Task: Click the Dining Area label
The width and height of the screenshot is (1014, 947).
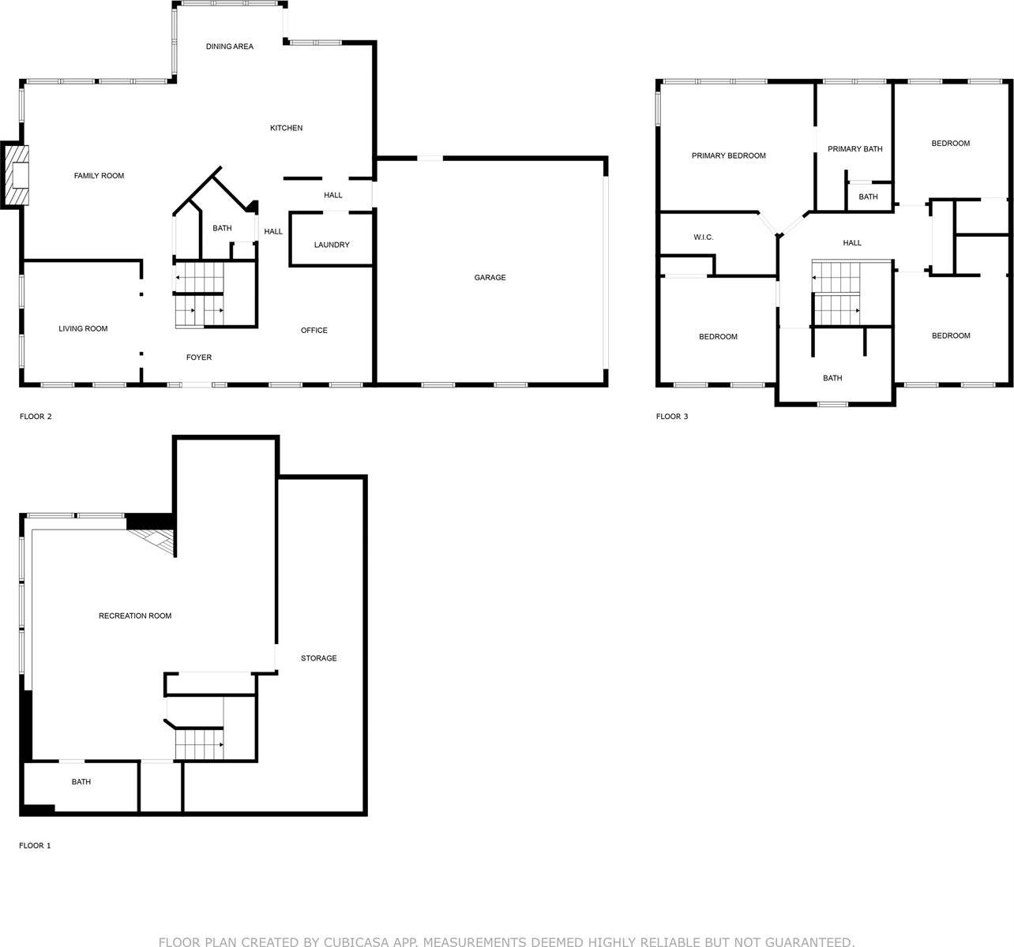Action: click(230, 47)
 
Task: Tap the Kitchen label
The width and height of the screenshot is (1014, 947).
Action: click(286, 128)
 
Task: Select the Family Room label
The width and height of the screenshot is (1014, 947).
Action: click(99, 176)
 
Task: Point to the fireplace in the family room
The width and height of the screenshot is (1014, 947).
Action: click(17, 175)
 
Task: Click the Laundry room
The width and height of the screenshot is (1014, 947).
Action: click(332, 245)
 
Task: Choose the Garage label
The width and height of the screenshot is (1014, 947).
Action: click(490, 278)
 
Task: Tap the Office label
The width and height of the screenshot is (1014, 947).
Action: click(314, 331)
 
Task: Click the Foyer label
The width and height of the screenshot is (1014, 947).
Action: click(199, 357)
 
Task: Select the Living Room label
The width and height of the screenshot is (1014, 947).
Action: click(83, 329)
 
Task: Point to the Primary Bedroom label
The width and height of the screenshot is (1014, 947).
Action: click(728, 156)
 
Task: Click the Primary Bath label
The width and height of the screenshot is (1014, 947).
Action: click(854, 149)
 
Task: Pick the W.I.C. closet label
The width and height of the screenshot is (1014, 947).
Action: click(703, 238)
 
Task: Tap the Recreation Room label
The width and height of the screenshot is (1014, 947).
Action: click(135, 616)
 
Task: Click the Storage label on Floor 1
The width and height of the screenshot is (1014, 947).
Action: click(318, 658)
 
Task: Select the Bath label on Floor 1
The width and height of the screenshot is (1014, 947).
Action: click(81, 782)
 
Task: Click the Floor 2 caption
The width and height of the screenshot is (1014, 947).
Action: click(36, 417)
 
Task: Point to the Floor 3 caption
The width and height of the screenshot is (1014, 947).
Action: click(672, 417)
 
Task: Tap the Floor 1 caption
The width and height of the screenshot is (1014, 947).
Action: click(35, 846)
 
